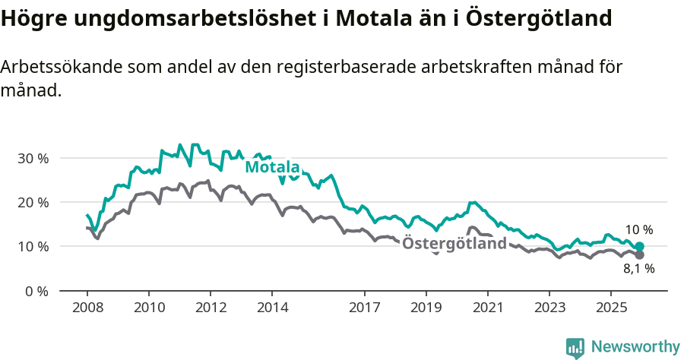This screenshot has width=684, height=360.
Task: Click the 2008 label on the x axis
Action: click(87, 308)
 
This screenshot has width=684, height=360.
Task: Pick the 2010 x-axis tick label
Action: click(148, 308)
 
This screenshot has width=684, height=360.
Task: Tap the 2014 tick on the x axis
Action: click(272, 308)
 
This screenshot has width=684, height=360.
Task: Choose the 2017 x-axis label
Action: click(364, 308)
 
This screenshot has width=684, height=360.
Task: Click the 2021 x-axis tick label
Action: click(487, 308)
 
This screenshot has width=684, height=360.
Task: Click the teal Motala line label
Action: click(272, 167)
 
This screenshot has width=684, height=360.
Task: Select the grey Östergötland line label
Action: click(454, 244)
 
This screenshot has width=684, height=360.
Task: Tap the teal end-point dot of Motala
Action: click(639, 246)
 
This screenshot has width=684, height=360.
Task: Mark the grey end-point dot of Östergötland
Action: click(639, 255)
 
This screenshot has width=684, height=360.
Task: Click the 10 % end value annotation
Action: click(638, 230)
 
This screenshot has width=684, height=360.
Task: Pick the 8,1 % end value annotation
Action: click(638, 269)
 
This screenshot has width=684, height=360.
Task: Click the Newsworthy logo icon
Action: click(575, 347)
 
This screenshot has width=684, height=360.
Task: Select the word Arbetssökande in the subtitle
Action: click(53, 68)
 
